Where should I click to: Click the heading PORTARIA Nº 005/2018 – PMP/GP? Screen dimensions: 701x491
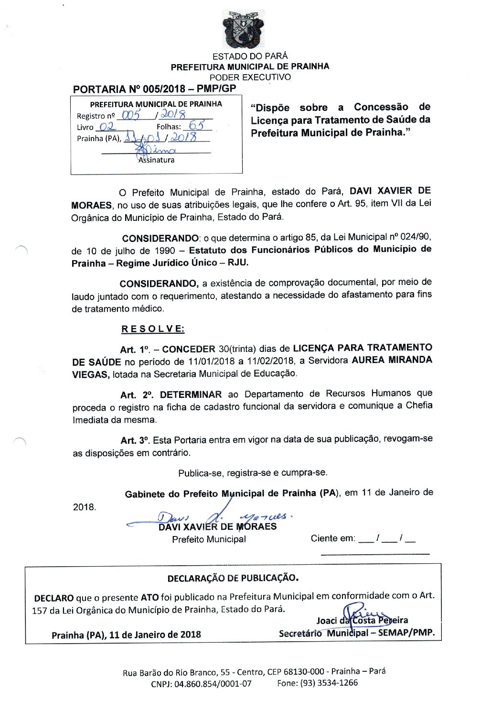pos(154,89)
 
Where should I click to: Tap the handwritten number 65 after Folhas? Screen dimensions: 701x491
pos(196,125)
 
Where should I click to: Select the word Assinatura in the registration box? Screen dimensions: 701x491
pos(157,160)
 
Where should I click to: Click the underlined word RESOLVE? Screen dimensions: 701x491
pos(152,329)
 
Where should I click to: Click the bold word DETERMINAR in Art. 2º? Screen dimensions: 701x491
pos(191,395)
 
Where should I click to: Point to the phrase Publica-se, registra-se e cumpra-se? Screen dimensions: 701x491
pos(253,473)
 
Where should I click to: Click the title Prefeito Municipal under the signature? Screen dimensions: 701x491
pos(209,539)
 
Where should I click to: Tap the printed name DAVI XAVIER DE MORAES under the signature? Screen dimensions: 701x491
pos(217,527)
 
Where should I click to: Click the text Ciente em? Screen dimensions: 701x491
pos(332,538)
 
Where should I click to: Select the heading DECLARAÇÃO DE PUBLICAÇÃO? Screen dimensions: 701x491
pos(233,578)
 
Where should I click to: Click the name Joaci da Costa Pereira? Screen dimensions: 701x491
pos(362,621)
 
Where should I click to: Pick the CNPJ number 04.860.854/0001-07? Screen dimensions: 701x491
pos(213,684)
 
